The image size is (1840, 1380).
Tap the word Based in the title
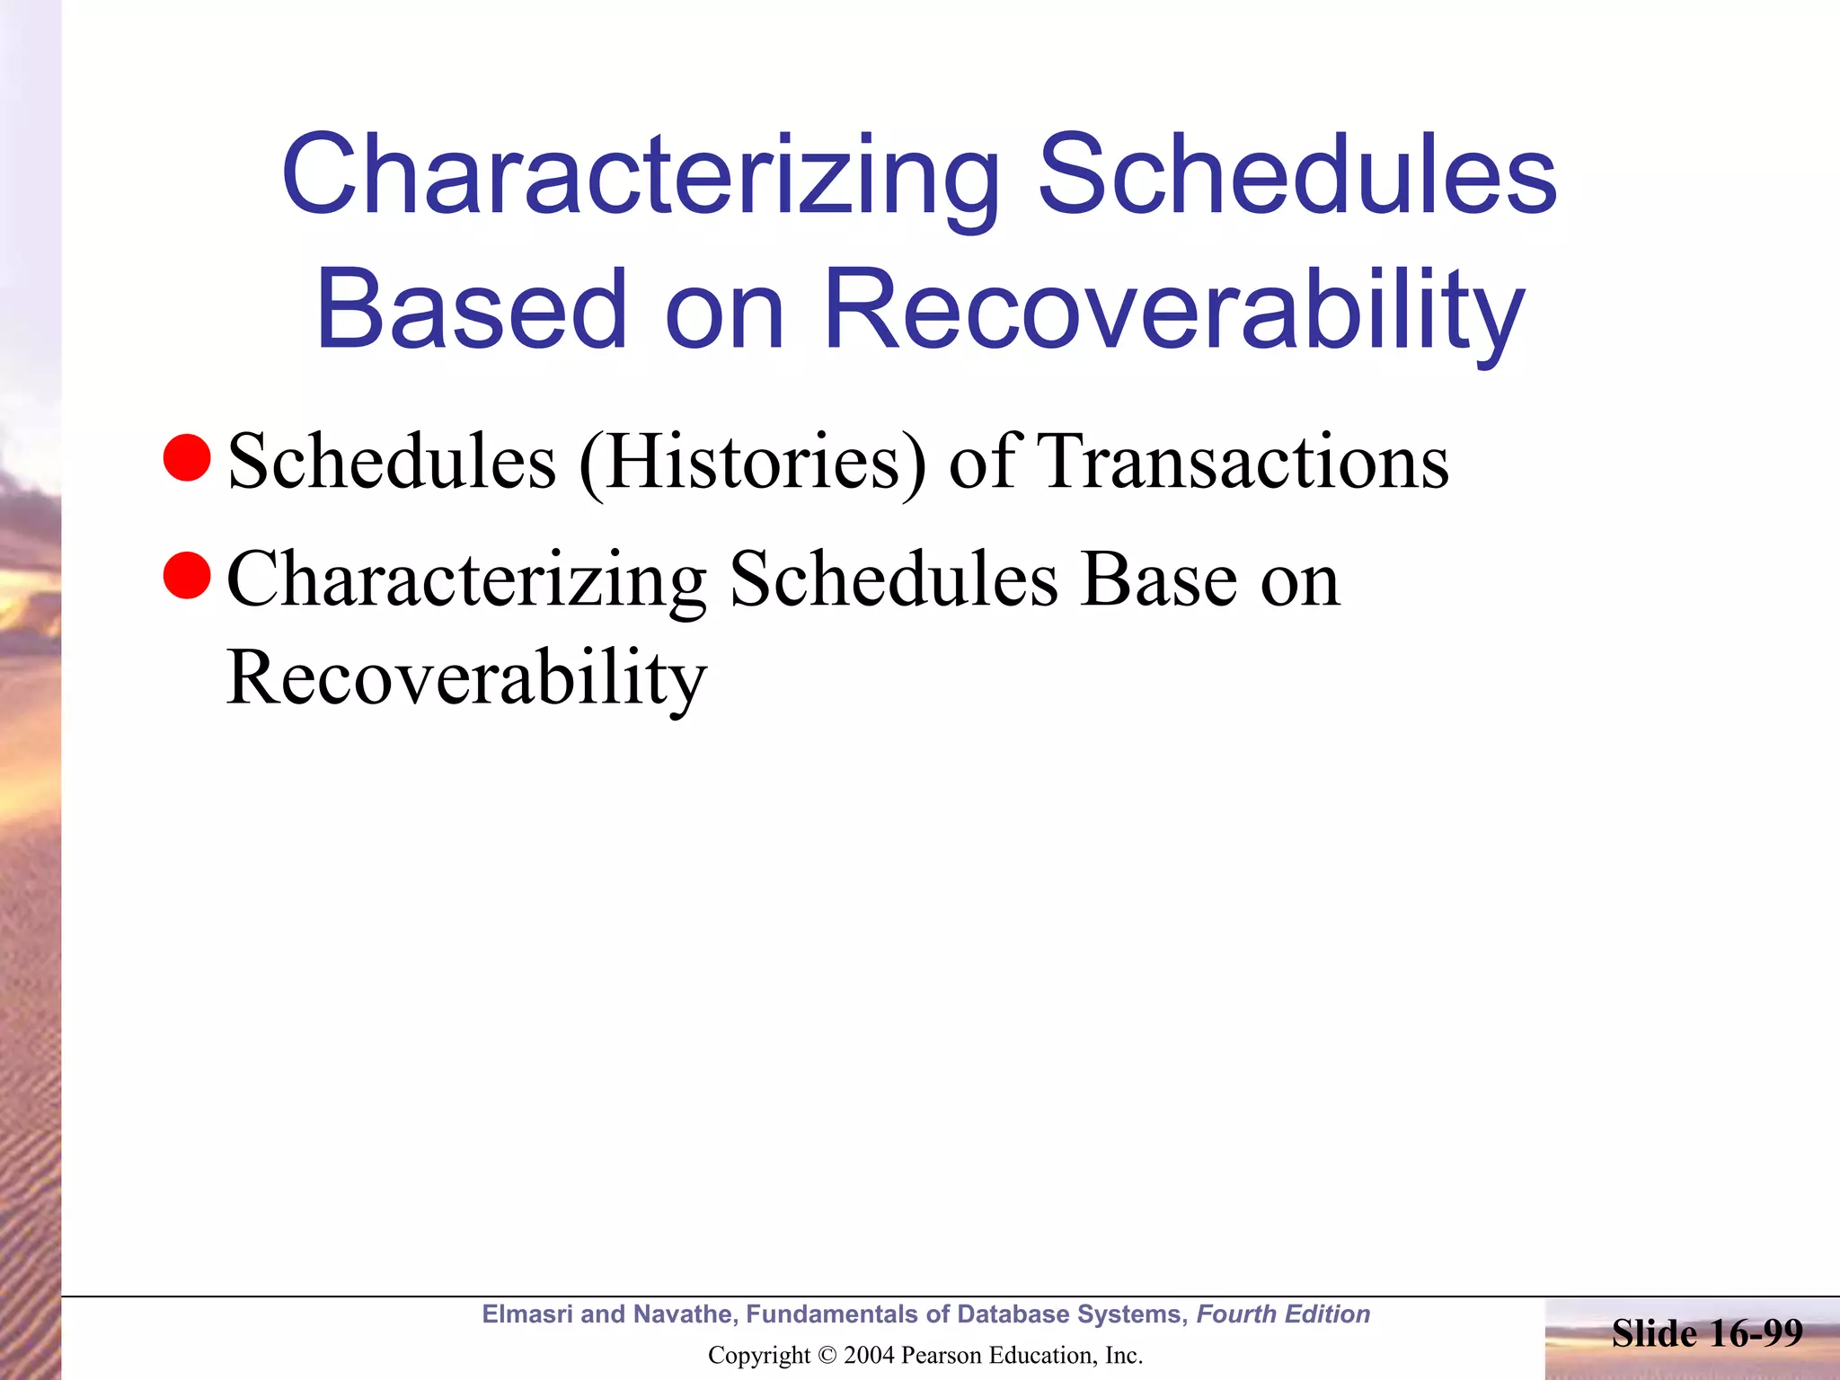pos(471,310)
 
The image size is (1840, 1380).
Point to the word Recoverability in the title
pos(1173,310)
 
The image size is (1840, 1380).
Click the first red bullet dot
pos(187,457)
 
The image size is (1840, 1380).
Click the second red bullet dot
pos(187,575)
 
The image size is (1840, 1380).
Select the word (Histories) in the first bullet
pos(752,463)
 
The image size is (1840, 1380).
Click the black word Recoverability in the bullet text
pos(466,678)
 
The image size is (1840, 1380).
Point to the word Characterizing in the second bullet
pos(466,580)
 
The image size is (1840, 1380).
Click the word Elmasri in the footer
pos(526,1314)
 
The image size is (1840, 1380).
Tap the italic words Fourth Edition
pos(1283,1314)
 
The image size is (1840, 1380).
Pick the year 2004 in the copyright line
pos(869,1356)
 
